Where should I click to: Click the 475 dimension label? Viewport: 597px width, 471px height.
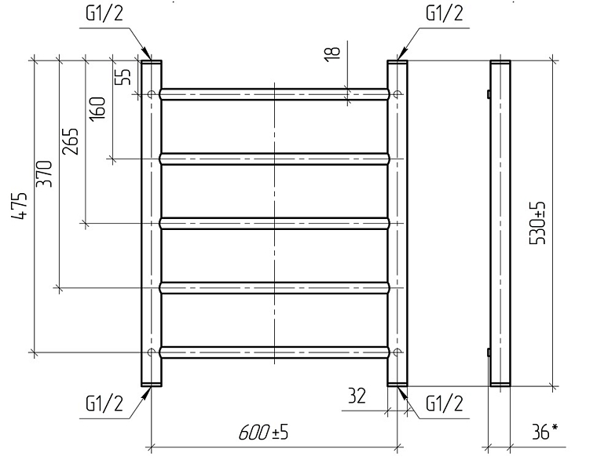pos(19,206)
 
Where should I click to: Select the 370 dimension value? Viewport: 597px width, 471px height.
pos(44,173)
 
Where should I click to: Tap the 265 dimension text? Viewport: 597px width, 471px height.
pos(71,141)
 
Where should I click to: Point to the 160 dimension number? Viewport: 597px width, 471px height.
pos(97,109)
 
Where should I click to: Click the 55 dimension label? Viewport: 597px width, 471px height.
pos(123,76)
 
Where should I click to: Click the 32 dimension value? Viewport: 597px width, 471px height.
pos(357,396)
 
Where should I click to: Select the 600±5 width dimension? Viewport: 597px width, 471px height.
pos(263,433)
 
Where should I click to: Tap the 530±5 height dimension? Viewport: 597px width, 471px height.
pos(537,223)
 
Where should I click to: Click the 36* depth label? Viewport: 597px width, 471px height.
pos(545,432)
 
